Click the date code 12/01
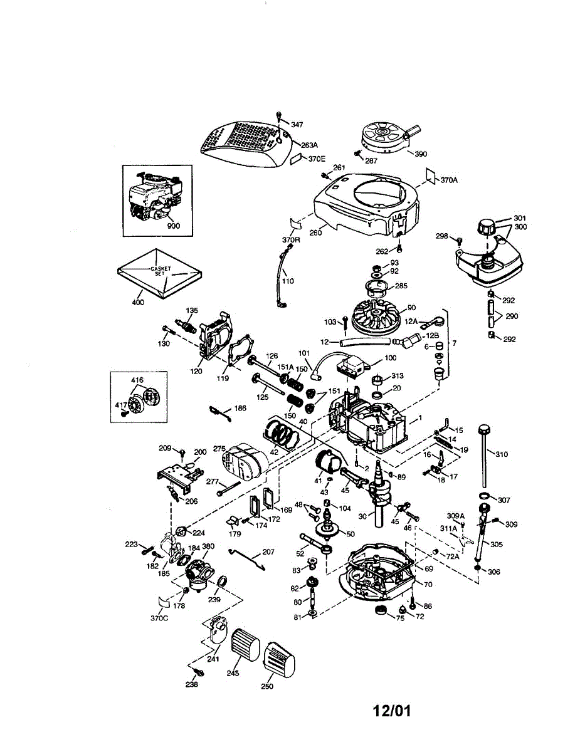(392, 711)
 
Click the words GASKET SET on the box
(161, 272)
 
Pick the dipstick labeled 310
(485, 457)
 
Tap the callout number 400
(138, 302)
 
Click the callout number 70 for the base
(428, 584)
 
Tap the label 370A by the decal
(449, 180)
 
